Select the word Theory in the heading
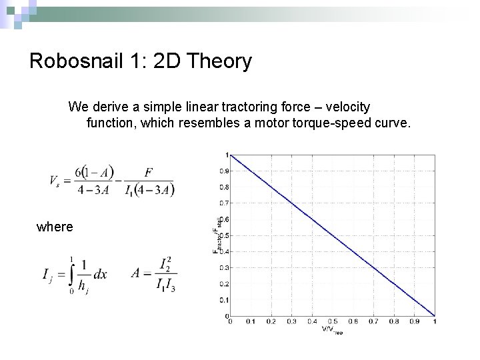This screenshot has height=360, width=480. pyautogui.click(x=220, y=61)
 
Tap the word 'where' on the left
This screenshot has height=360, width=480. pyautogui.click(x=55, y=227)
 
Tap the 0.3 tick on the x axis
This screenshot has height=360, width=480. pyautogui.click(x=292, y=321)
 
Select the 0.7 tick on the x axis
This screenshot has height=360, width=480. pyautogui.click(x=374, y=321)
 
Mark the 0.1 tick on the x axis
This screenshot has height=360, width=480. pyautogui.click(x=251, y=321)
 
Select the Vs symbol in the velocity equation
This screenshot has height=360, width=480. pyautogui.click(x=54, y=181)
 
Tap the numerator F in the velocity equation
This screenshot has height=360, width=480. pyautogui.click(x=149, y=172)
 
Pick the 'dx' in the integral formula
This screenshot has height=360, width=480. pyautogui.click(x=100, y=274)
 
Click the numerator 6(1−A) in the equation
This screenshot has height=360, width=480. pyautogui.click(x=94, y=171)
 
